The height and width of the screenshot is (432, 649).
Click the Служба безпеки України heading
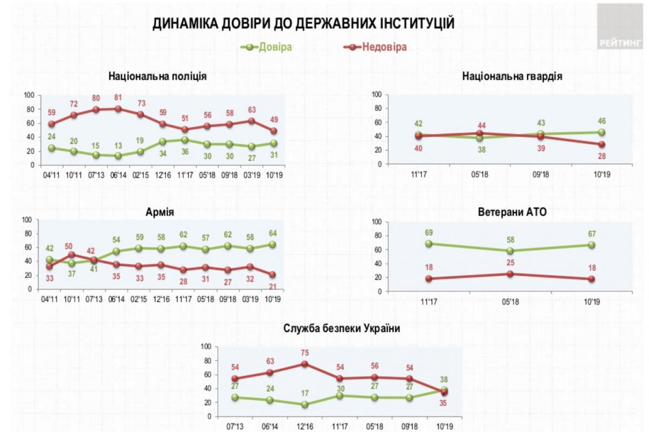(341, 328)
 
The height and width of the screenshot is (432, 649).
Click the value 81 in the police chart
(117, 98)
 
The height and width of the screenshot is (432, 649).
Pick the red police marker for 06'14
(118, 109)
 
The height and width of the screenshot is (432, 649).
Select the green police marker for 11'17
(184, 139)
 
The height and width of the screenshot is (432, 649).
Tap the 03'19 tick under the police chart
(251, 175)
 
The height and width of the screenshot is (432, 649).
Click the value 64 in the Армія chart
(272, 234)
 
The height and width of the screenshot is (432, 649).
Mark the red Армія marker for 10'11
(72, 255)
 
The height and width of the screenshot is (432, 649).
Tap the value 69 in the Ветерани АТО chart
(429, 232)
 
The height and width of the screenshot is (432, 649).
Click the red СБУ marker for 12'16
(304, 364)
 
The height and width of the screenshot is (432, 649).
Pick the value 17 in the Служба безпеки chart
(304, 394)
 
